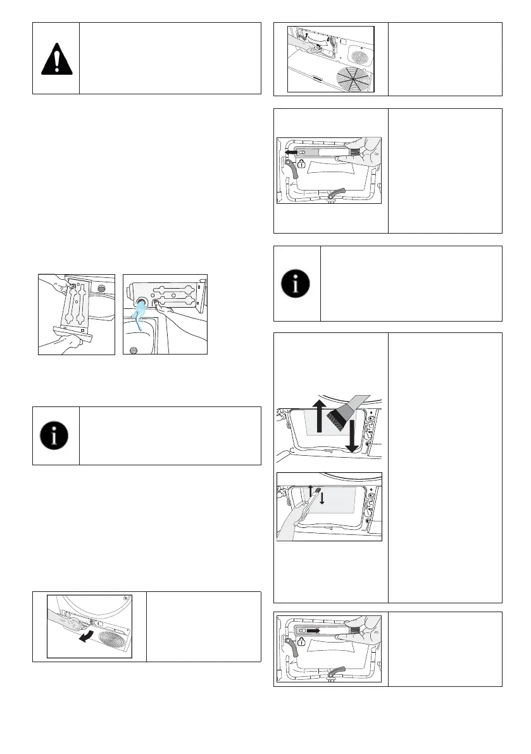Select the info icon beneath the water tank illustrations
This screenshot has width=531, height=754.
point(56,436)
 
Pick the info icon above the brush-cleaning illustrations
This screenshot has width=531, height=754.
point(297,284)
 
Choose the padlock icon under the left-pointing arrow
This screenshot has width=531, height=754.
point(301,163)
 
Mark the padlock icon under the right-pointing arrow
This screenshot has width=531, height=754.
point(301,641)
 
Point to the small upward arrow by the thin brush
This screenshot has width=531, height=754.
point(311,489)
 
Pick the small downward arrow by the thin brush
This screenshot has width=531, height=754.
point(322,498)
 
